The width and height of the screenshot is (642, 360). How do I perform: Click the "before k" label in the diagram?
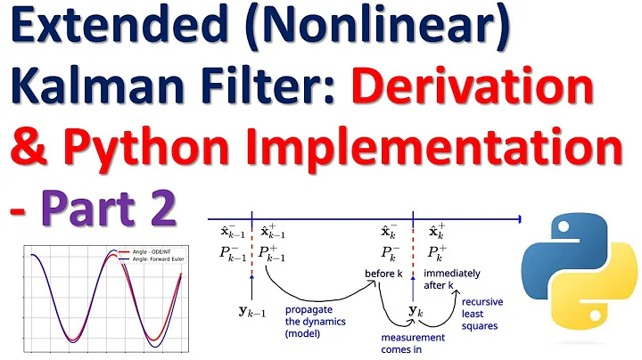[385, 273]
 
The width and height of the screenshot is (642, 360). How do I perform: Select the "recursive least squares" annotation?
[482, 313]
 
